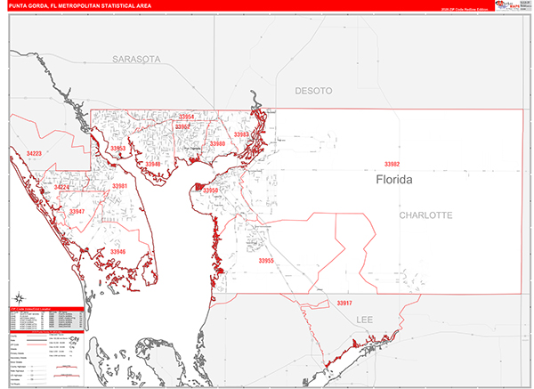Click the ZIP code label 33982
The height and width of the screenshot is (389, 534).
(392, 165)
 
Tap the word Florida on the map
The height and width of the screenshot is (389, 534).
(394, 180)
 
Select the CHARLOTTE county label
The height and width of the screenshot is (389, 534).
(425, 215)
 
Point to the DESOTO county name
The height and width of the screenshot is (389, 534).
(313, 91)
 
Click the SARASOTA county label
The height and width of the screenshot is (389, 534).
(136, 59)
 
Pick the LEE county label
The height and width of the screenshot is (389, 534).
(365, 319)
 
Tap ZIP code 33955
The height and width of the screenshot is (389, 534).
(266, 261)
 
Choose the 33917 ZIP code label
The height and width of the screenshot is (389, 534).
(344, 304)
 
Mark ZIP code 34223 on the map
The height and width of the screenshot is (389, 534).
(34, 154)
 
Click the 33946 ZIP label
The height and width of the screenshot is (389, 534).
(118, 252)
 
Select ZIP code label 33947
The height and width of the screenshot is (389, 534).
(77, 212)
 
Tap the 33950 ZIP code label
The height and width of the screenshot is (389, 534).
(210, 190)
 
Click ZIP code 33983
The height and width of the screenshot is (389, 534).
(241, 134)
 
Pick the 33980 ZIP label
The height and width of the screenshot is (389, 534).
(217, 143)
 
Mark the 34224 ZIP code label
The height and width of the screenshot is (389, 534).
(61, 188)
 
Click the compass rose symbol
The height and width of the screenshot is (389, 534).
(20, 297)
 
